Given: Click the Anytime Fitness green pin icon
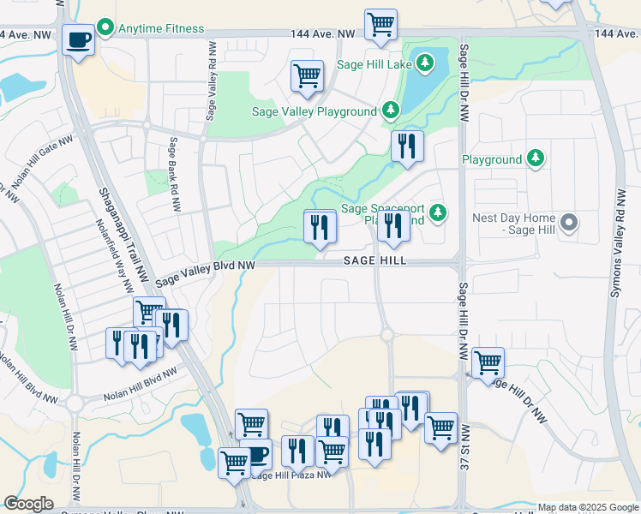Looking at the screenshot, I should pos(105,28).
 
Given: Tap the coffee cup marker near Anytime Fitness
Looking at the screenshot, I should pos(79,40).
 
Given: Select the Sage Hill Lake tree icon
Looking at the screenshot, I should pos(423,63).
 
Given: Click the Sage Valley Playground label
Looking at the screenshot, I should pos(314,111).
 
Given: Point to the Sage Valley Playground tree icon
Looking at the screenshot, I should pos(390,110).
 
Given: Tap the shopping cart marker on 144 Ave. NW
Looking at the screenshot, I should pos(380,24).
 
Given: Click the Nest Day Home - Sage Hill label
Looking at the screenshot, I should pos(514,224).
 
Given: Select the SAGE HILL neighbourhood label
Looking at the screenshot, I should pos(374,260).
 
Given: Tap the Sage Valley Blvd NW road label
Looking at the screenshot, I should pos(206,272).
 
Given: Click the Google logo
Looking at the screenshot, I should pos(28,504).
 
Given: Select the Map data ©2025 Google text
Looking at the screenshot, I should pos(588,507).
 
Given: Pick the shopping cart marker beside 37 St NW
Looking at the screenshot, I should pos(488,362).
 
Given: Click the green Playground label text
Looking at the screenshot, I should pos(492,159).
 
